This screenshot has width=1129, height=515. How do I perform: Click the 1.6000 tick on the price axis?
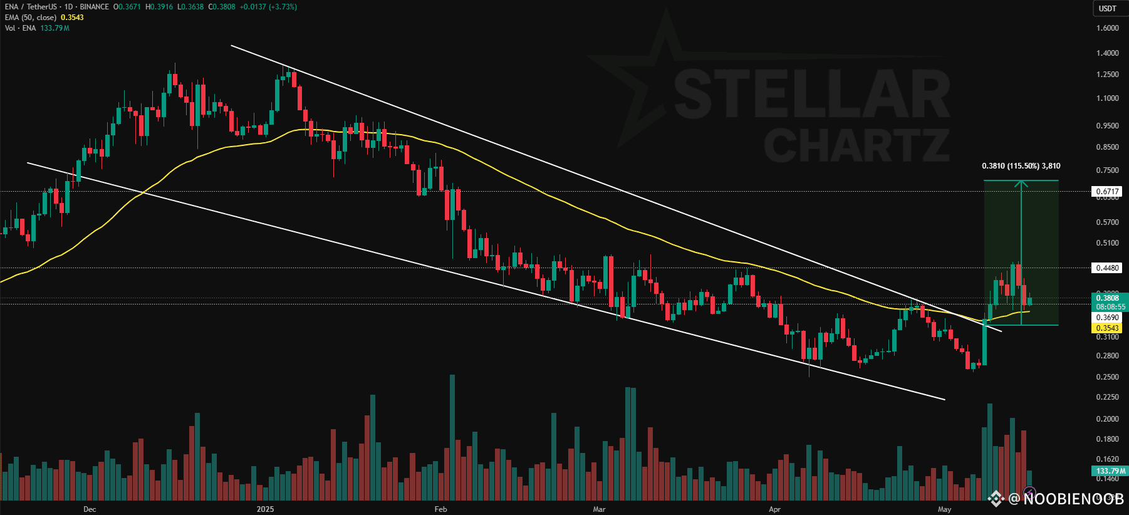tap(1107, 28)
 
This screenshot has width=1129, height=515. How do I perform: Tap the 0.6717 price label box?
tap(1107, 192)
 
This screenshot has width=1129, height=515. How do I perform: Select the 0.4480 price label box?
tap(1107, 268)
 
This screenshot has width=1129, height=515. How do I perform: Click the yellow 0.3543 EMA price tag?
tap(1107, 328)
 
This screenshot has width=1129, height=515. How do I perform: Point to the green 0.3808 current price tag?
tap(1107, 298)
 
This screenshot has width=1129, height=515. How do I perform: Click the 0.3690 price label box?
tap(1107, 318)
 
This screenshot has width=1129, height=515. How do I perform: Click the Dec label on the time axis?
tap(90, 509)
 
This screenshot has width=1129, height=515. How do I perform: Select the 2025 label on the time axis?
tap(266, 509)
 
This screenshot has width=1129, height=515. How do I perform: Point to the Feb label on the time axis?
tap(440, 509)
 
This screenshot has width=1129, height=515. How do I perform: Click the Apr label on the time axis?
tap(774, 509)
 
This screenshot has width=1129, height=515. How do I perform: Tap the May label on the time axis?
tap(944, 509)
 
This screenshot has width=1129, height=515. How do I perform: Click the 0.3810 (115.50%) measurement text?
tap(1021, 166)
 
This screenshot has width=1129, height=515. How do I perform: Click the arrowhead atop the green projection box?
tap(1021, 183)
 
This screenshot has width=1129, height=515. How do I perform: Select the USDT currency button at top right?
tap(1108, 8)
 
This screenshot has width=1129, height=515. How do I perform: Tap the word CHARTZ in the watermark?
tap(856, 145)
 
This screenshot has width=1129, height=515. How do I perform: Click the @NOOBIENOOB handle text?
tap(1065, 499)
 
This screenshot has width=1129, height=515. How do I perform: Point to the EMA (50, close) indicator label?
tap(31, 18)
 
